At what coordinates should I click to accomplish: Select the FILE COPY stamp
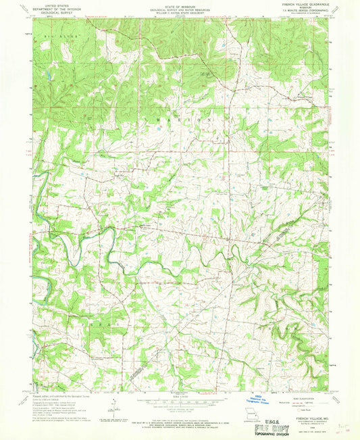[269, 427]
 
